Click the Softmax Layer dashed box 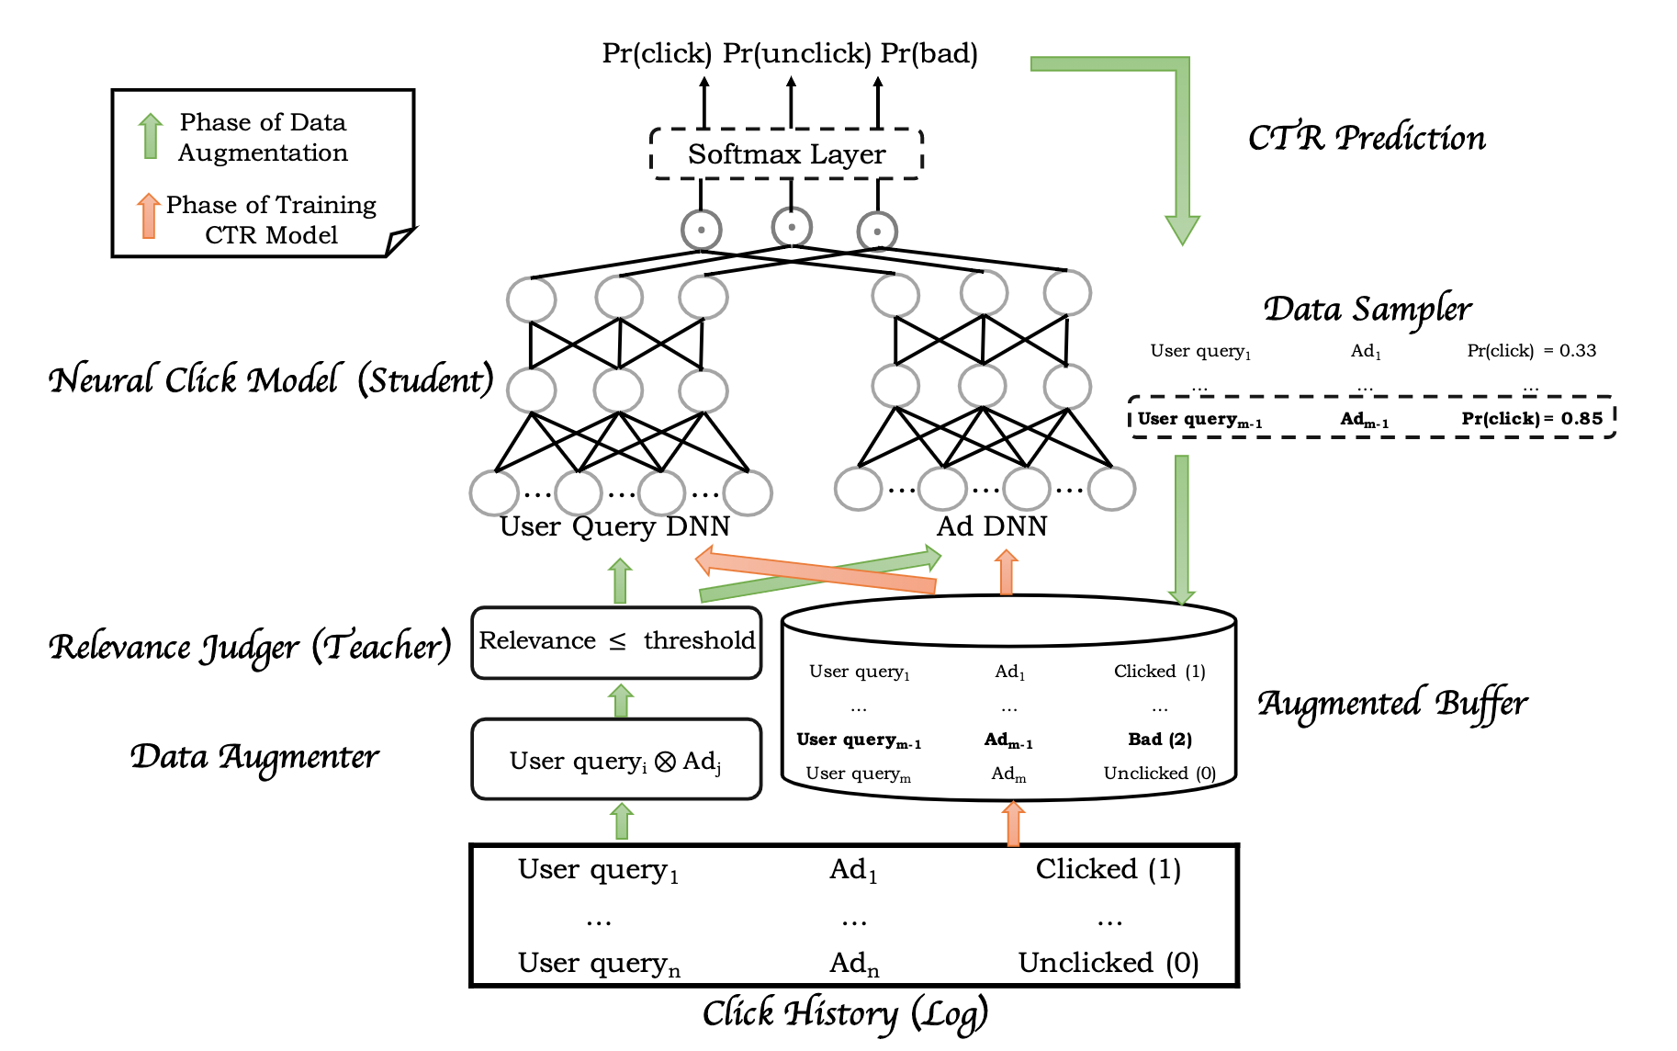pos(786,153)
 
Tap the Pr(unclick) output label pos(796,53)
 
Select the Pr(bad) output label pos(929,53)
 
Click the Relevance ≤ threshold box pos(616,641)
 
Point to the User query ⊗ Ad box pos(616,760)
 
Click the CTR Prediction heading pos(1366,138)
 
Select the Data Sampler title pos(1367,309)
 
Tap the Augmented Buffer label pos(1391,704)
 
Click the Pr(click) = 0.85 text pos(1531,419)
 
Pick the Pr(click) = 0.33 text pos(1531,351)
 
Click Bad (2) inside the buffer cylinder pos(1160,740)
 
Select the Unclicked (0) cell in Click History pos(1109,963)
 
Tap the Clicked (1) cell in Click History pos(1109,869)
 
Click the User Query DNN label pos(614,526)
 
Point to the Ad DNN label pos(992,526)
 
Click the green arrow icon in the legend pos(151,136)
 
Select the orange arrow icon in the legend pos(149,216)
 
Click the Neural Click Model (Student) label pos(271,379)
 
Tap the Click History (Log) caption pos(845,1013)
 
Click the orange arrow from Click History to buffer pos(1013,823)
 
